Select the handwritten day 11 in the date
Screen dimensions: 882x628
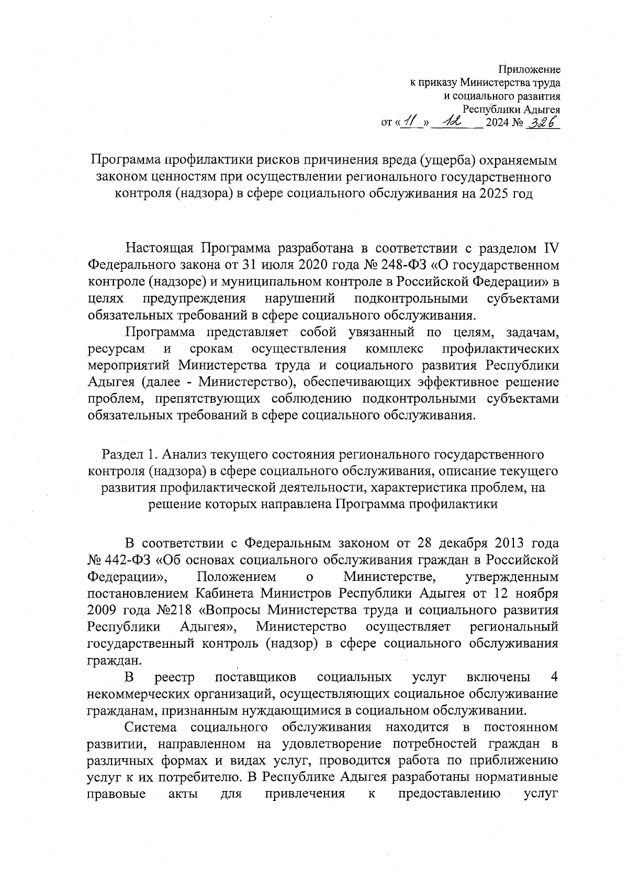point(410,123)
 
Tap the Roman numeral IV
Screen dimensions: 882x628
point(549,248)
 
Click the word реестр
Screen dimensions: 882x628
point(175,678)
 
